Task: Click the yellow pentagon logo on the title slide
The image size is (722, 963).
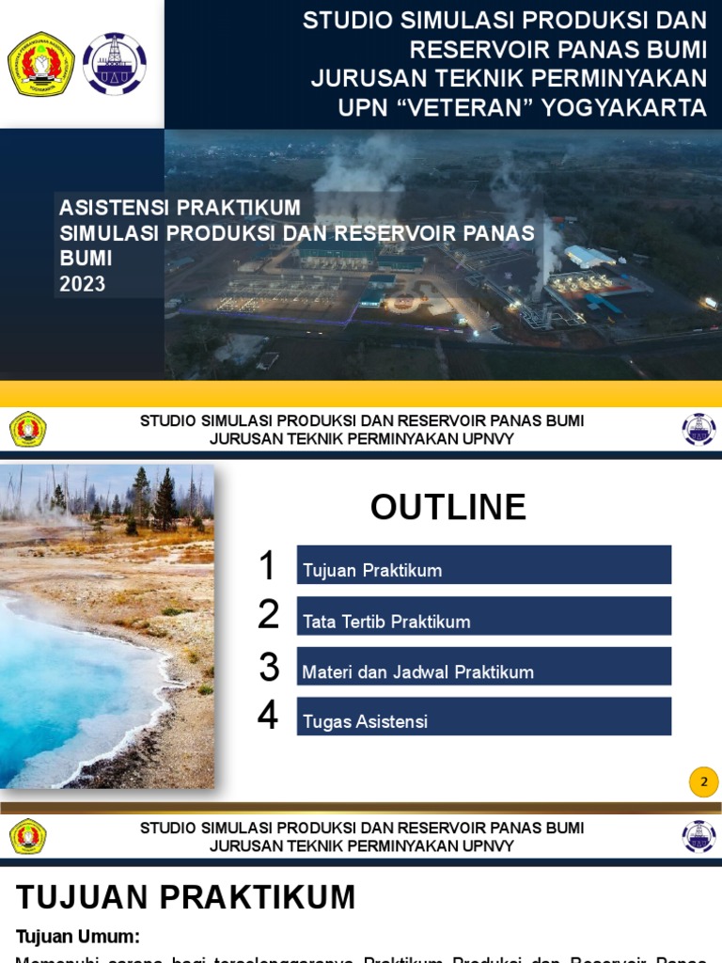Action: coord(41,64)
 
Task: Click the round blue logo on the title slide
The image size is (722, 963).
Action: coord(115,64)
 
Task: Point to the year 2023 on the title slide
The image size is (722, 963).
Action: coord(83,284)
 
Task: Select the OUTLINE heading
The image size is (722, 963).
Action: coord(448,507)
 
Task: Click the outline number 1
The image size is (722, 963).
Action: coord(268,566)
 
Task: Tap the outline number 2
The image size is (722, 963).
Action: coord(269,615)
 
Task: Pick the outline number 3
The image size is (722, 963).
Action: coord(270,667)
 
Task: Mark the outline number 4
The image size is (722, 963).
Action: coord(268,717)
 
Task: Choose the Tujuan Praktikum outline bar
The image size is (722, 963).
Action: coord(483,565)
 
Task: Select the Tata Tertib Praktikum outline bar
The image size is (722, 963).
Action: coord(483,616)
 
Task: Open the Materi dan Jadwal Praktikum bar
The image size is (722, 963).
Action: coord(483,667)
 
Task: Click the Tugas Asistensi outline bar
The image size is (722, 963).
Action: coord(483,717)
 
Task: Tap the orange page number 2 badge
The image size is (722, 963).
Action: coord(703,781)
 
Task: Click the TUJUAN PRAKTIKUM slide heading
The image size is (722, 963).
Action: coord(186,898)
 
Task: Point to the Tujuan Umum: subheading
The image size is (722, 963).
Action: coord(78,937)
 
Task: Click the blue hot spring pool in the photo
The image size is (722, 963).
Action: coord(66,687)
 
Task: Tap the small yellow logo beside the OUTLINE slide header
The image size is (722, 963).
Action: coord(28,430)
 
